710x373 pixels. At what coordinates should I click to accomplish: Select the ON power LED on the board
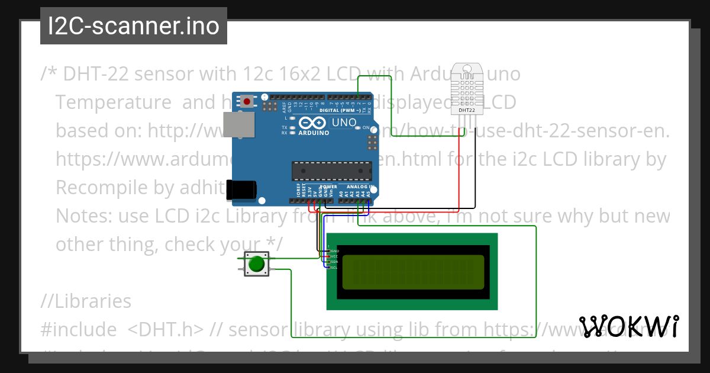358,128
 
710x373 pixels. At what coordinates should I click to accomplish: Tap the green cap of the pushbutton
256,264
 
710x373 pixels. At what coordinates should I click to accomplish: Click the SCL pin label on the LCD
334,267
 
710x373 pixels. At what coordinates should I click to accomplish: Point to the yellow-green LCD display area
412,272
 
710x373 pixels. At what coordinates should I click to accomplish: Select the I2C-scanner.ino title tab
134,26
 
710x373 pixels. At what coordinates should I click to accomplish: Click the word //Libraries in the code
86,301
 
